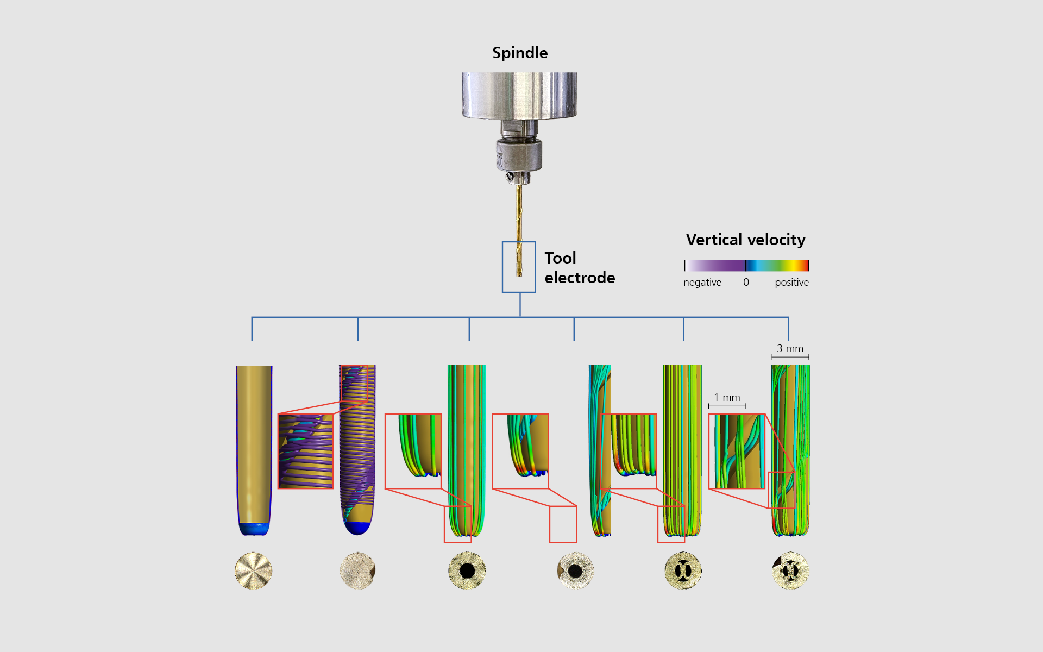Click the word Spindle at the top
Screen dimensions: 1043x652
pos(520,53)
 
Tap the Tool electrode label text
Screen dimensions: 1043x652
pos(580,268)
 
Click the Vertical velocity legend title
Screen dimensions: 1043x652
pos(745,240)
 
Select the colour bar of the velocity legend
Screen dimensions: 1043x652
pos(746,266)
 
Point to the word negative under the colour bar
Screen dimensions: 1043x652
pos(702,283)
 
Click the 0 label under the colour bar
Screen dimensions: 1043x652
pos(746,283)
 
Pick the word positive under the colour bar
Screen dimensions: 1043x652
pos(791,283)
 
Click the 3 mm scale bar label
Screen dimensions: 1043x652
pos(790,349)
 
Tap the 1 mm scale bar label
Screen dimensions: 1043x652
pos(727,398)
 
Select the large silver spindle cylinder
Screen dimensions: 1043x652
pos(519,96)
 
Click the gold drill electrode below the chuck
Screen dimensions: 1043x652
pos(519,230)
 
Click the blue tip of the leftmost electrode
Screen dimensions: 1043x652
pos(254,529)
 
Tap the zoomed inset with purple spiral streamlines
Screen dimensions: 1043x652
pos(305,451)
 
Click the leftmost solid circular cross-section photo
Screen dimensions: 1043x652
pos(253,570)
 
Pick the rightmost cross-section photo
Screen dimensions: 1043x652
pos(790,570)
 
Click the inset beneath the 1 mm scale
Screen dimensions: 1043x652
pos(737,451)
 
